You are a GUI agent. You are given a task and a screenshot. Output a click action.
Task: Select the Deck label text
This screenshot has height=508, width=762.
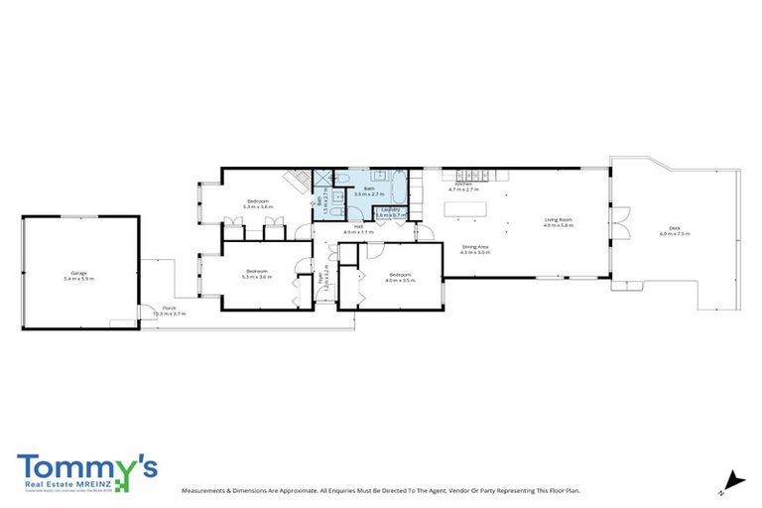click(675, 228)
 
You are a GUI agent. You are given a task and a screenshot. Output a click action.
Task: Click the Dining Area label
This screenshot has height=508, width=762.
click(475, 246)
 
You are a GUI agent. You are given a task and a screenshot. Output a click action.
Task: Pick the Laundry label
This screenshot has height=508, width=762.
click(390, 209)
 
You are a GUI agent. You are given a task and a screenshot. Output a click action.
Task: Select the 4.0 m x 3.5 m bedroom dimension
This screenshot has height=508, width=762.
click(400, 281)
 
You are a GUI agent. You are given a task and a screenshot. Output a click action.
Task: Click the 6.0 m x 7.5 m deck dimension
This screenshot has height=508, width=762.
click(675, 234)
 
